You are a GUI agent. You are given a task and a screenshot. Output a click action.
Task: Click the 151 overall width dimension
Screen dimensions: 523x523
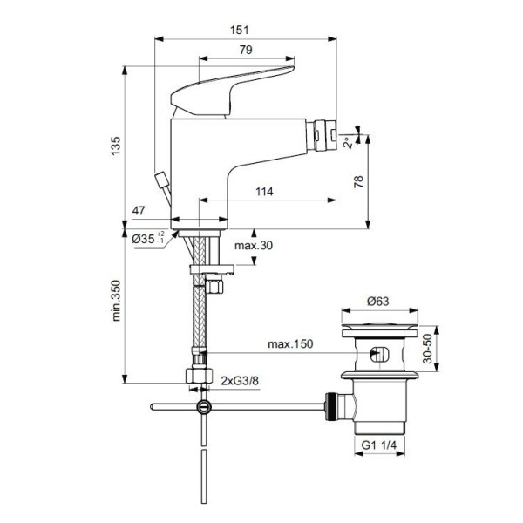(x=237, y=30)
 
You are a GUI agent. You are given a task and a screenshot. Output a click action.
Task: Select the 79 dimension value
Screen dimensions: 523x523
(x=246, y=50)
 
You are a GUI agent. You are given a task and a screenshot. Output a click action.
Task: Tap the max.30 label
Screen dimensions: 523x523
(x=279, y=246)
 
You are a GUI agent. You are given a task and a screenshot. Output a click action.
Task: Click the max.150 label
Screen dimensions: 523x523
(x=290, y=345)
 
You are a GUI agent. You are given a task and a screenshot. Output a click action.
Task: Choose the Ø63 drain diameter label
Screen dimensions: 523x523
(x=377, y=301)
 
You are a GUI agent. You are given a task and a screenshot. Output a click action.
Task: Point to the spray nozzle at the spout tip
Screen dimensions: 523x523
(x=329, y=135)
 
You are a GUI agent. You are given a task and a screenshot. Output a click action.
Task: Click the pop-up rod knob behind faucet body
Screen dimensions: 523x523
(x=160, y=181)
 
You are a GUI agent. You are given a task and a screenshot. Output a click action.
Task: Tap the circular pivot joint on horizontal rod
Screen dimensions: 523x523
(x=203, y=406)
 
